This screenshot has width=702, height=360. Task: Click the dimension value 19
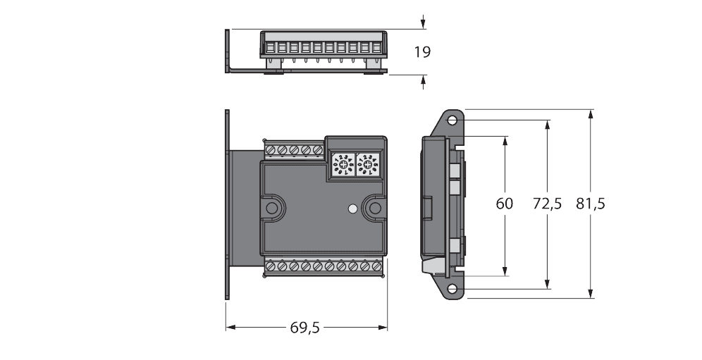pos(423,51)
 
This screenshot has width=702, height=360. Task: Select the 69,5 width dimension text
pos(305,327)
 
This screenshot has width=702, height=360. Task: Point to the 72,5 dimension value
pos(547,204)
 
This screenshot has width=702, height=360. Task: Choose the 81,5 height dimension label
pos(591,204)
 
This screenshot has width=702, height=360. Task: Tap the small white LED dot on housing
pos(352,209)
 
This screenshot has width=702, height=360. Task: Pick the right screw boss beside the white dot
pos(374,208)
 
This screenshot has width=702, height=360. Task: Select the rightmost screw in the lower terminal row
pos(375,266)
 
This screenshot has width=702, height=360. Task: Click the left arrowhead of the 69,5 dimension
pos(229,327)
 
